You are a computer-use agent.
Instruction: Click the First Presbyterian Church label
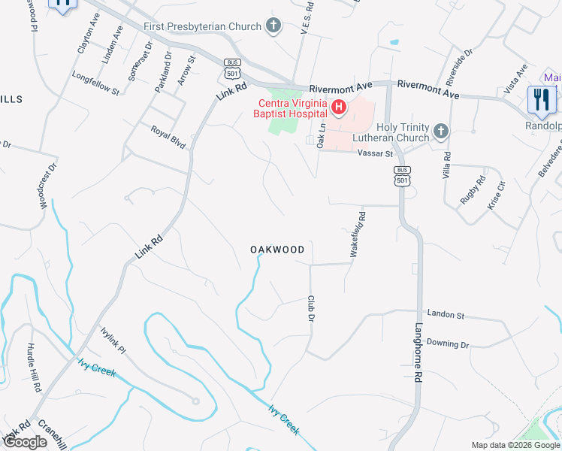tap(202, 26)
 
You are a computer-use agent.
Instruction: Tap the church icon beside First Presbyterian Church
tap(273, 26)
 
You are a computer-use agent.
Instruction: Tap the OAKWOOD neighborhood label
tap(277, 250)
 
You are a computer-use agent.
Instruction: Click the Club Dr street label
tap(310, 309)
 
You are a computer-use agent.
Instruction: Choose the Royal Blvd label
tap(168, 136)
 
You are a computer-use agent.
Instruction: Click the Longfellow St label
tap(95, 83)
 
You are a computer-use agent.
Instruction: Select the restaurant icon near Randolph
tap(541, 99)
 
